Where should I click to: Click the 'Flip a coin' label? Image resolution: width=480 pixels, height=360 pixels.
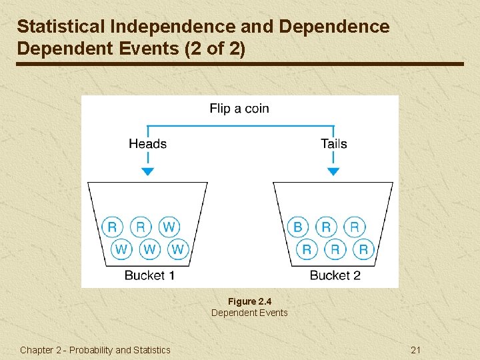[x=239, y=109]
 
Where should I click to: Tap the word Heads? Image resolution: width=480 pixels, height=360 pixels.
[x=147, y=143]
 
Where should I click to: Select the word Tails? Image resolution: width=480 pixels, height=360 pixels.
[x=333, y=143]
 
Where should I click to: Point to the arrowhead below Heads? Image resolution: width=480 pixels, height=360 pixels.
[x=148, y=171]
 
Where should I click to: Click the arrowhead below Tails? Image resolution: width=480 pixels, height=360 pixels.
[x=333, y=171]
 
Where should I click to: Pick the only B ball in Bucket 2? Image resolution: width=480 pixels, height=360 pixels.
[x=297, y=227]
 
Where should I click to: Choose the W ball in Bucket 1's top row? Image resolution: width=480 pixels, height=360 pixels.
[x=169, y=227]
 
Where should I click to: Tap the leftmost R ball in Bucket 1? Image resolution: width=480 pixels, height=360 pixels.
[x=112, y=227]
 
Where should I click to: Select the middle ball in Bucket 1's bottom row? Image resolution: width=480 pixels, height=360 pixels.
[x=149, y=249]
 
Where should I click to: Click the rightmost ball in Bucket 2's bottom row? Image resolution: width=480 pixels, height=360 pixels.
[x=363, y=249]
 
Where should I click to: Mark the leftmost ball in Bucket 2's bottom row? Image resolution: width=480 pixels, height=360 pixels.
[x=307, y=249]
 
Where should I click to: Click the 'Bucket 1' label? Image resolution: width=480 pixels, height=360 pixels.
[x=149, y=275]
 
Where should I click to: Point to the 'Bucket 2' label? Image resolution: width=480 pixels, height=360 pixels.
[x=335, y=275]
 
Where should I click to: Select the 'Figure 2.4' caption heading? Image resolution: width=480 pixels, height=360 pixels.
[x=249, y=301]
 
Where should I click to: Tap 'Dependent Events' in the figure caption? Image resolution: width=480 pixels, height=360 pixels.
[x=249, y=313]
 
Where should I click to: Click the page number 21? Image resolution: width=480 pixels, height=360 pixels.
[x=416, y=350]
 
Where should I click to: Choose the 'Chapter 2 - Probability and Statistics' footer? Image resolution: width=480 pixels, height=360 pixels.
[x=95, y=350]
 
